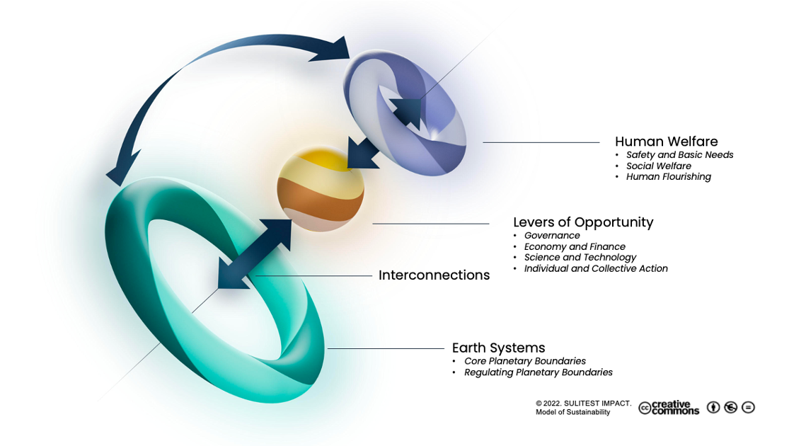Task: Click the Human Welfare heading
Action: coord(667,141)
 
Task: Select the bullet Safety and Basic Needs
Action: coord(679,155)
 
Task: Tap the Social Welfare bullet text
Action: coord(658,166)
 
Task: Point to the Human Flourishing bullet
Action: coord(668,177)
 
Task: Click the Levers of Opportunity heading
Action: coord(583,222)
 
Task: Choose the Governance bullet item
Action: coord(552,236)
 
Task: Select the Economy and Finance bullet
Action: coord(575,247)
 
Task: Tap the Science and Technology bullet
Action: coord(580,258)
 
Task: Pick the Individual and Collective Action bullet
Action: coord(596,269)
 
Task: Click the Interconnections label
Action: coord(434,275)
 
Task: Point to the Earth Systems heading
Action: coord(498,348)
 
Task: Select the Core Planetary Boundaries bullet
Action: coord(525,361)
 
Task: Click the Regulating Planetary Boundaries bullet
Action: coord(538,372)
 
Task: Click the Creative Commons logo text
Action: coord(669,408)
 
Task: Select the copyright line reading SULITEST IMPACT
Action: coord(583,404)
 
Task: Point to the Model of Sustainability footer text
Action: coord(573,412)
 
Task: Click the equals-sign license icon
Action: coord(748,407)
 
